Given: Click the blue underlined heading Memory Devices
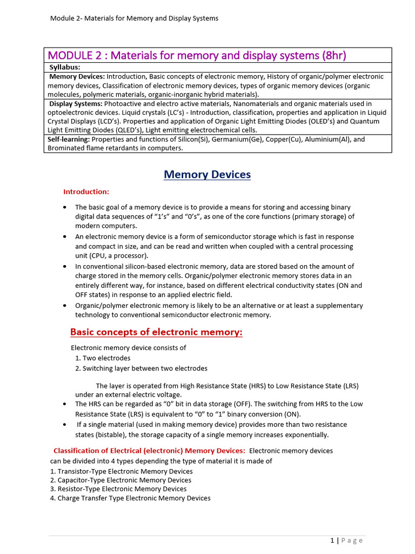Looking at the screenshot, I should [x=207, y=175].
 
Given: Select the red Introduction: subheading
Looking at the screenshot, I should [x=86, y=192].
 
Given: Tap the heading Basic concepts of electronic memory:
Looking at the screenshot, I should [x=156, y=332].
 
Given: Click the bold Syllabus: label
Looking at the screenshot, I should [x=65, y=67].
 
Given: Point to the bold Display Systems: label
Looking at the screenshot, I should [x=76, y=104].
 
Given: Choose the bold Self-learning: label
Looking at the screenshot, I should [x=69, y=140].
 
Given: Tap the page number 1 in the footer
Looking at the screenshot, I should [x=332, y=540].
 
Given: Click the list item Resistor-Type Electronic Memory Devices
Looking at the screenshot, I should [x=118, y=489].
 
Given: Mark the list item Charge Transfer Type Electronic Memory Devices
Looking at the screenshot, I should [x=130, y=498].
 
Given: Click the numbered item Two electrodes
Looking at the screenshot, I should [x=103, y=358].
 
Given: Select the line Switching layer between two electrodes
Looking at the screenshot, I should [x=141, y=368].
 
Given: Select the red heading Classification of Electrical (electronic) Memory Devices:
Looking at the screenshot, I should [x=149, y=451].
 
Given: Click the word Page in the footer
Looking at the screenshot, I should [x=353, y=540].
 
